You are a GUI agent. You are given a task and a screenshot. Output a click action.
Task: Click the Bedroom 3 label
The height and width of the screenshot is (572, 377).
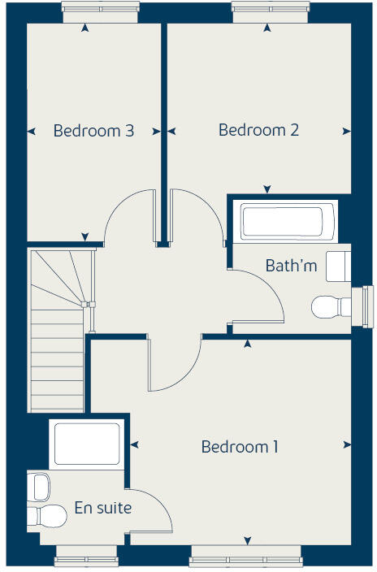pyautogui.click(x=93, y=131)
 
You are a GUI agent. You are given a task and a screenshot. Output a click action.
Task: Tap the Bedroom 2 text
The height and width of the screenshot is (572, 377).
pyautogui.click(x=258, y=130)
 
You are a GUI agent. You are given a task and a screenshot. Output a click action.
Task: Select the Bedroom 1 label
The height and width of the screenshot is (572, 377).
pyautogui.click(x=240, y=447)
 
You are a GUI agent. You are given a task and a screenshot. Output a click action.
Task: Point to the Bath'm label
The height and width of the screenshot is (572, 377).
pyautogui.click(x=291, y=266)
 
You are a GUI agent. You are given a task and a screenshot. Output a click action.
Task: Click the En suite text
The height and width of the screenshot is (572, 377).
pyautogui.click(x=102, y=508)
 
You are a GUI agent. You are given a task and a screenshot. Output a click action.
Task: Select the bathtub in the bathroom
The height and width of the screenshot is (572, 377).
pyautogui.click(x=282, y=220)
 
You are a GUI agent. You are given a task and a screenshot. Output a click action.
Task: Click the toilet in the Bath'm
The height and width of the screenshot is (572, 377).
pyautogui.click(x=329, y=307)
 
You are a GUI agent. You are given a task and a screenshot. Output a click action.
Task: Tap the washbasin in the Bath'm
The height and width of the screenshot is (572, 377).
pyautogui.click(x=339, y=265)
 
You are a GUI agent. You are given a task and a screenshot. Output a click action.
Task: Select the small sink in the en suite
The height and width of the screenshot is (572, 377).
pyautogui.click(x=39, y=487)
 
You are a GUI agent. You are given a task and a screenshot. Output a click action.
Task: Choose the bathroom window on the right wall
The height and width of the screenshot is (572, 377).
pyautogui.click(x=368, y=302)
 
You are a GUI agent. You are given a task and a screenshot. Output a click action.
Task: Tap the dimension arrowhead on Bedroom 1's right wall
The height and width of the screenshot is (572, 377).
pyautogui.click(x=348, y=444)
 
